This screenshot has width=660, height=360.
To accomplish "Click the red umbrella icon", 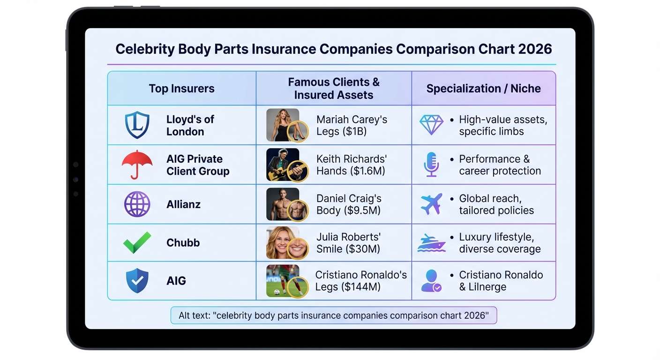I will click(137, 165).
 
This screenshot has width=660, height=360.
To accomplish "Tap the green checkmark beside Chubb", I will click(137, 242).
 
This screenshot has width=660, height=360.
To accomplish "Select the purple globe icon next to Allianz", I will click(137, 204).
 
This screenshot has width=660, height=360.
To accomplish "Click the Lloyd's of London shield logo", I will click(137, 125).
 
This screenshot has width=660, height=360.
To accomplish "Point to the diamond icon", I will click(431, 125).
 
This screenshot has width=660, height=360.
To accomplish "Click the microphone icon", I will click(431, 165).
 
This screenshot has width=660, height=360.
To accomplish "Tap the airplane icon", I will click(431, 204).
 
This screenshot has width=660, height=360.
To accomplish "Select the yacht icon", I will click(431, 243).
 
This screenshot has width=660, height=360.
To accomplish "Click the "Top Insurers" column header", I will click(181, 89).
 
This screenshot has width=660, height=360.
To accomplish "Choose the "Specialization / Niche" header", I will click(483, 89).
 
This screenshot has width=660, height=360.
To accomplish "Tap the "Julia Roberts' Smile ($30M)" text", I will click(348, 242).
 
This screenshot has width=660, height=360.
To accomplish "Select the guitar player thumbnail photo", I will click(283, 165).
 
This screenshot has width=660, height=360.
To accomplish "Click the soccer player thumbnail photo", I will click(283, 281).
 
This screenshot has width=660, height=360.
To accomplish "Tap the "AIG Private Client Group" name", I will click(197, 165).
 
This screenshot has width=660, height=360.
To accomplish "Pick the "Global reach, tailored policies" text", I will click(496, 204).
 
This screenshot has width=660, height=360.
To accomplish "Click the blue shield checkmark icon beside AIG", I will click(137, 281).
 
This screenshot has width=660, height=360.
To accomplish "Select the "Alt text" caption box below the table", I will click(333, 315).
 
